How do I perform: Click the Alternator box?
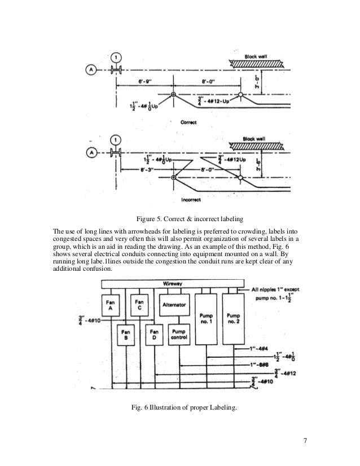(x=174, y=305)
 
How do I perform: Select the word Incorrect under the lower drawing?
(x=192, y=199)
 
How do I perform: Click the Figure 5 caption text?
(x=180, y=220)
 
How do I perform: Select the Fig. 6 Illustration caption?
(x=180, y=408)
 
